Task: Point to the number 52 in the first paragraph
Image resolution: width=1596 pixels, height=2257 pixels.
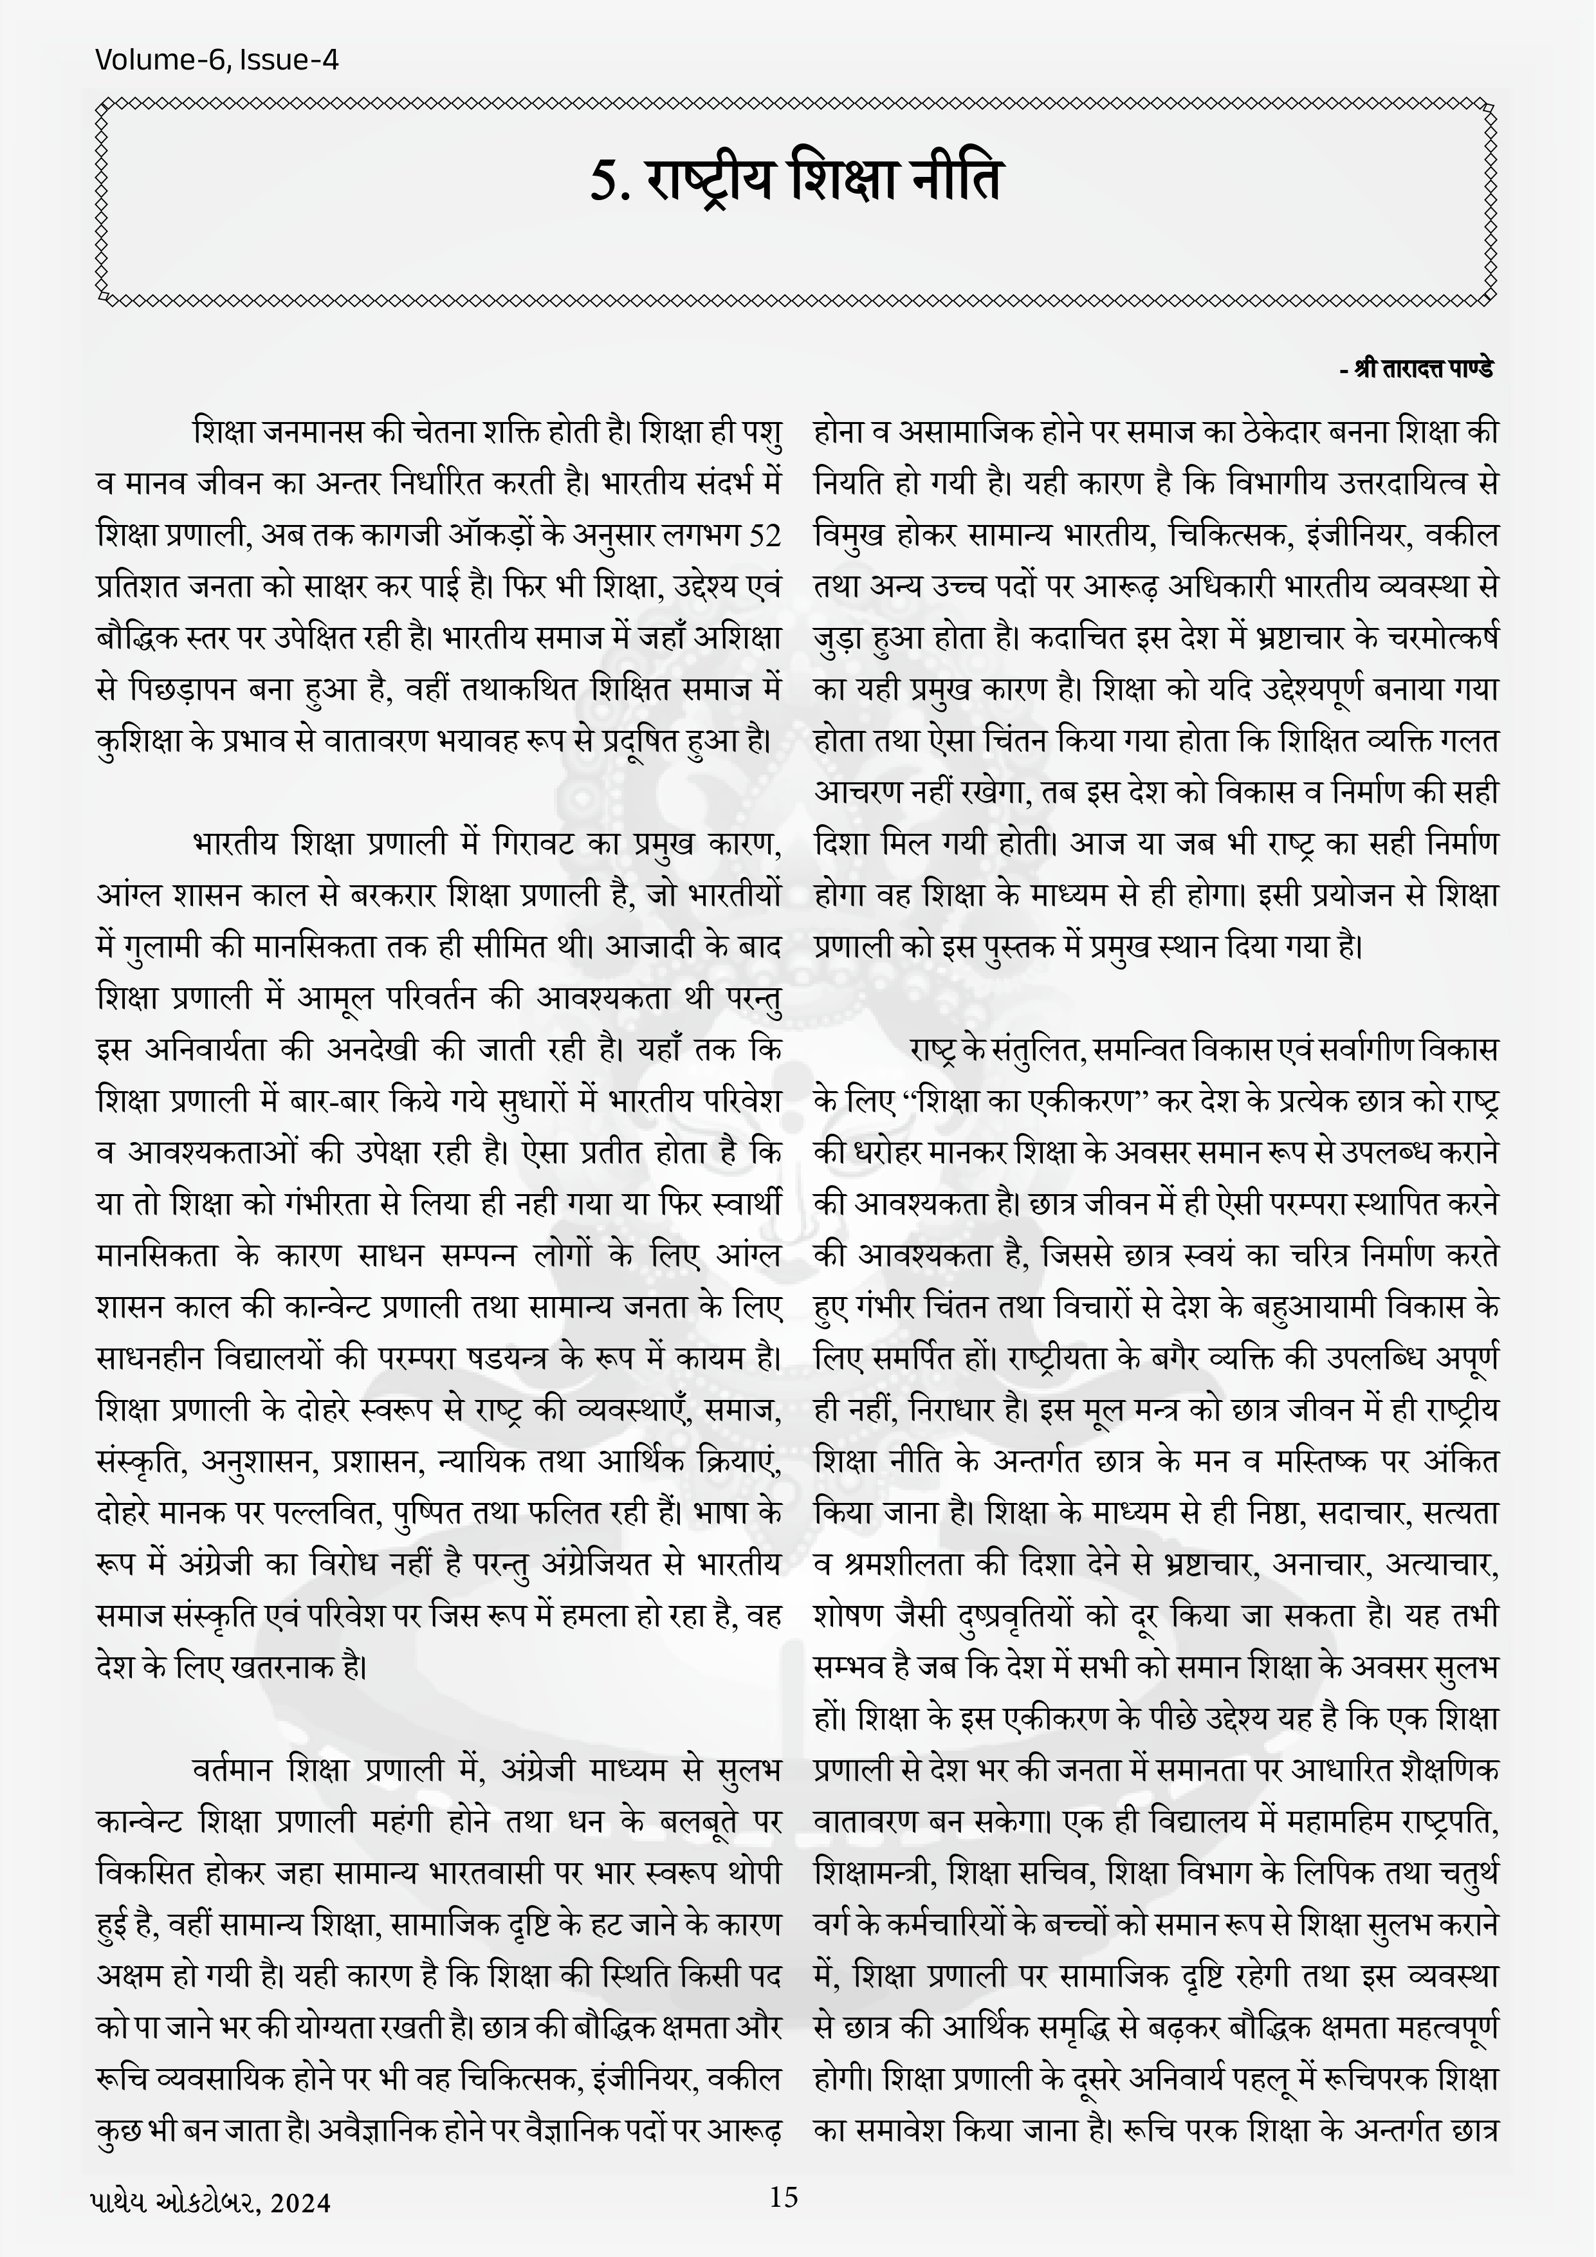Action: point(764,537)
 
